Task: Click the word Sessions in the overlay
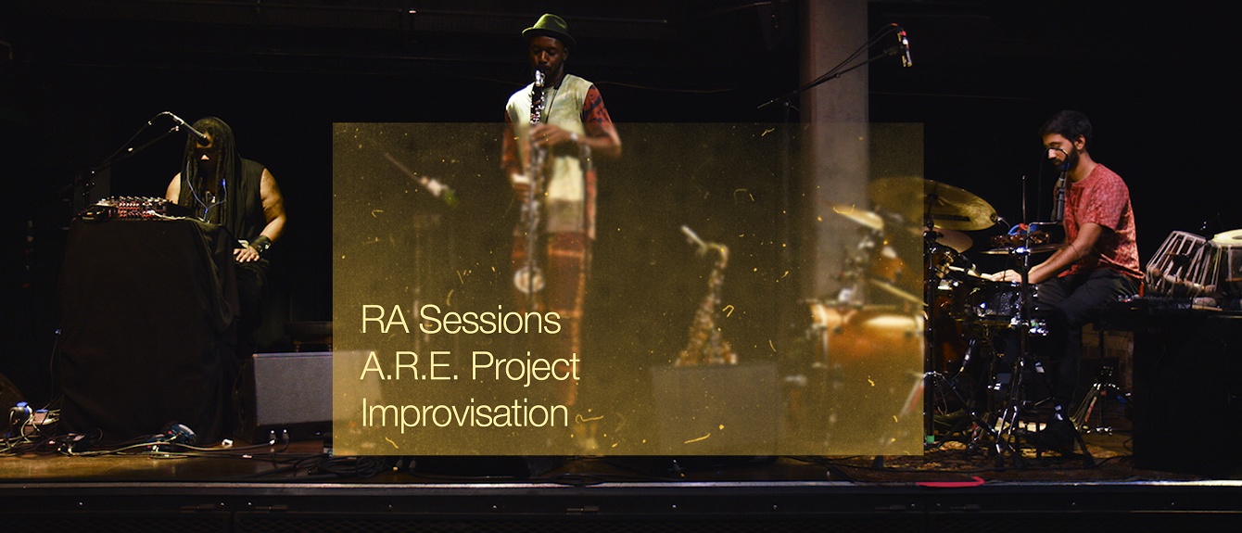(x=489, y=321)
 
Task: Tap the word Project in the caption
(x=526, y=367)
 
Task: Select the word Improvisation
(x=464, y=412)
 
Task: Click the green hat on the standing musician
(x=548, y=28)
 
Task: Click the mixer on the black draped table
(x=125, y=208)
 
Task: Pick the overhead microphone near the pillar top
(x=904, y=48)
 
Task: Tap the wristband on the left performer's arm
(x=260, y=245)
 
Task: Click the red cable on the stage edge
(x=949, y=482)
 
